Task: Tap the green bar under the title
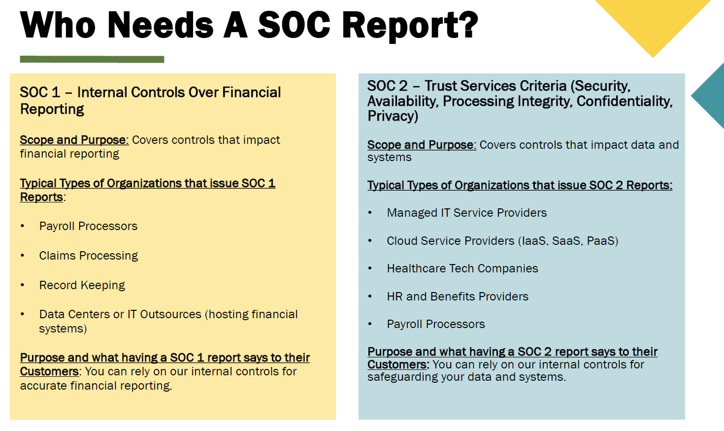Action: (x=92, y=59)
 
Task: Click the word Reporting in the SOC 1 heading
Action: (x=52, y=109)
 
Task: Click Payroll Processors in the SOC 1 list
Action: (x=88, y=226)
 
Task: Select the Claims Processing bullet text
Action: (x=89, y=256)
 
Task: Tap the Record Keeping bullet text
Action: (x=82, y=285)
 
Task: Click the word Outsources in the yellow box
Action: (x=170, y=314)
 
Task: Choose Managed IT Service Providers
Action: (x=466, y=213)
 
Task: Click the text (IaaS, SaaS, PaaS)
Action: (x=568, y=241)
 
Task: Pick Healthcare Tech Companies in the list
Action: (x=462, y=268)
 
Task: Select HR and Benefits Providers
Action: (x=457, y=297)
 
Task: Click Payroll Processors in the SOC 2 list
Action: (x=435, y=324)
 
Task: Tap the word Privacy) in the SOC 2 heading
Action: (x=393, y=116)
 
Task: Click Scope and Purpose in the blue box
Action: (x=421, y=145)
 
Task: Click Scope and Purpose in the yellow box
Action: (x=74, y=140)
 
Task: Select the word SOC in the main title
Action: (x=294, y=25)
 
